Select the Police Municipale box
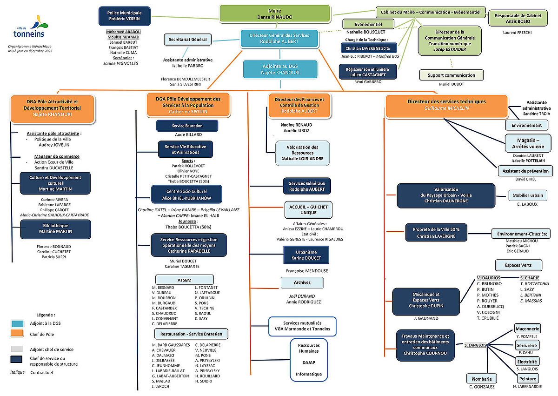[125, 16]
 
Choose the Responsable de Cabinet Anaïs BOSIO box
[518, 18]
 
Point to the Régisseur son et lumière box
[368, 72]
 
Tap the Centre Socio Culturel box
[186, 195]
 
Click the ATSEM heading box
[185, 279]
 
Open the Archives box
[302, 282]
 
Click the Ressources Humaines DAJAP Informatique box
[309, 359]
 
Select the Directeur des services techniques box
[446, 105]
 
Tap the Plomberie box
[482, 379]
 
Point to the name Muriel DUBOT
[452, 84]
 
